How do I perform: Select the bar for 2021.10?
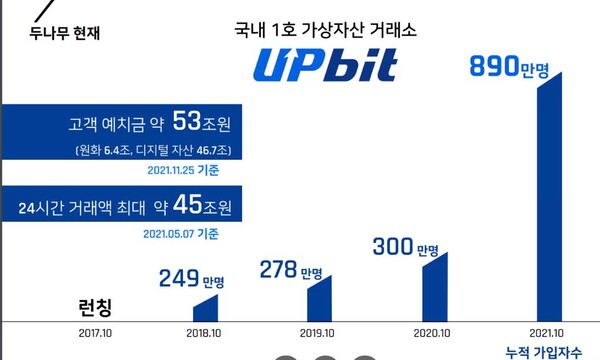coord(556,200)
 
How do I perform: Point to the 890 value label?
coord(509,67)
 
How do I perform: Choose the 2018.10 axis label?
coord(204,334)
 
